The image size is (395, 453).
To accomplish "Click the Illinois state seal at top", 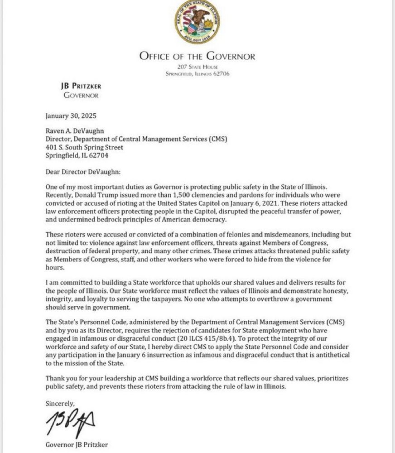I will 197,22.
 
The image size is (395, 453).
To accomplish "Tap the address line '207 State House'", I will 197,67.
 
